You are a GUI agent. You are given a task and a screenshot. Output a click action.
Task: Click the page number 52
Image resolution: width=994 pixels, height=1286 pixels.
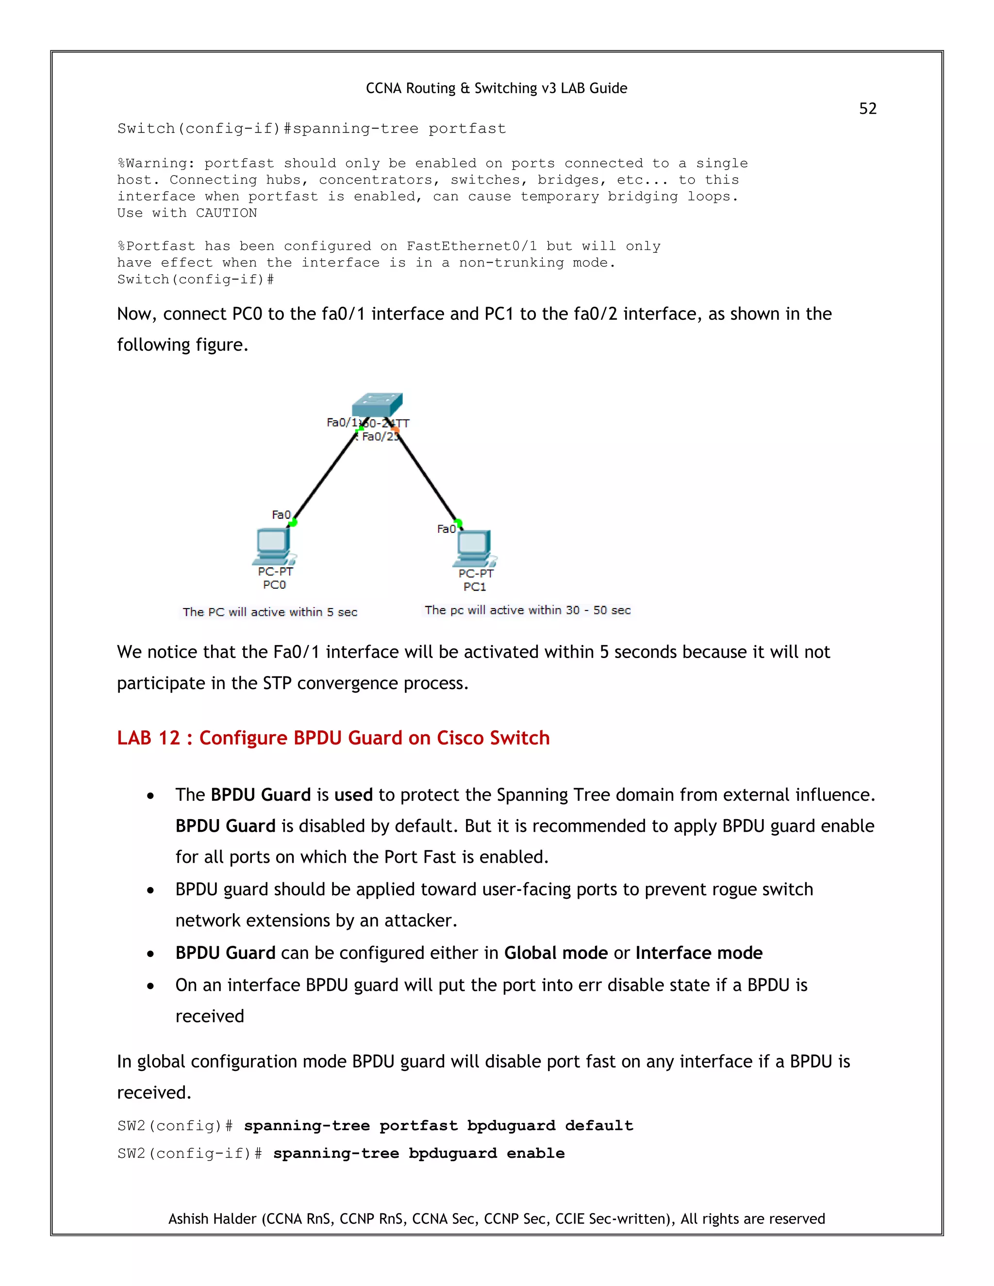[867, 108]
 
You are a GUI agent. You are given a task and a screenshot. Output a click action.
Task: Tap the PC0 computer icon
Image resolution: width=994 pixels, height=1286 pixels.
[273, 546]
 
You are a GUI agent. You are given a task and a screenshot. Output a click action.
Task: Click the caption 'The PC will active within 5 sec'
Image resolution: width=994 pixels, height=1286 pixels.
[270, 612]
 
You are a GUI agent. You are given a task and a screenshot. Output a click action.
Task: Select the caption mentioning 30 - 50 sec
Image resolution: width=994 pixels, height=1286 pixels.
[527, 610]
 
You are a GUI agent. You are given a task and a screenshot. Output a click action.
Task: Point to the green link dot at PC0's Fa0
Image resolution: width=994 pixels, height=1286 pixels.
[293, 522]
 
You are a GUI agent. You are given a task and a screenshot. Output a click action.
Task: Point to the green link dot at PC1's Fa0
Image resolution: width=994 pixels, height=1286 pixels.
[458, 523]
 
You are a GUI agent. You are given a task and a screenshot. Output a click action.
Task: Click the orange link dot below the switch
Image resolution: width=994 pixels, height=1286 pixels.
[395, 430]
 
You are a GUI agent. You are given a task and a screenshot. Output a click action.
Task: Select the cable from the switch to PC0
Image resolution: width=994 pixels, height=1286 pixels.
[325, 476]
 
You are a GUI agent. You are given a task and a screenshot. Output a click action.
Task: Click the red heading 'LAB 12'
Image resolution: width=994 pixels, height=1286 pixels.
[332, 738]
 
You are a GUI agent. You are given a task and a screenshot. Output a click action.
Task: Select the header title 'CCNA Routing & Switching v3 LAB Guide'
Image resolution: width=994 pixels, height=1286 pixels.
[497, 88]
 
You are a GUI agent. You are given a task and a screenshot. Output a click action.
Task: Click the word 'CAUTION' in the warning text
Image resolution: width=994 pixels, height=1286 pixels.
[226, 213]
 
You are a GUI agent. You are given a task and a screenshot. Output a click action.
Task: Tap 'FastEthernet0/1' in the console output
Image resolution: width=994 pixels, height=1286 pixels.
[471, 246]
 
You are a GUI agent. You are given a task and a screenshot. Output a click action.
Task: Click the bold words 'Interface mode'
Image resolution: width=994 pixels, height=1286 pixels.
[698, 953]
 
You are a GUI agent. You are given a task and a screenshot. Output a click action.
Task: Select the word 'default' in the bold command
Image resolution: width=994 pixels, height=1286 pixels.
[599, 1125]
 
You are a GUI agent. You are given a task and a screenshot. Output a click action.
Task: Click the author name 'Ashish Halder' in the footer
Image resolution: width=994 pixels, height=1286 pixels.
[213, 1218]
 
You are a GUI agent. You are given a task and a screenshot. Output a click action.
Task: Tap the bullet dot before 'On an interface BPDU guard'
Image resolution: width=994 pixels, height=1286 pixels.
[151, 986]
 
